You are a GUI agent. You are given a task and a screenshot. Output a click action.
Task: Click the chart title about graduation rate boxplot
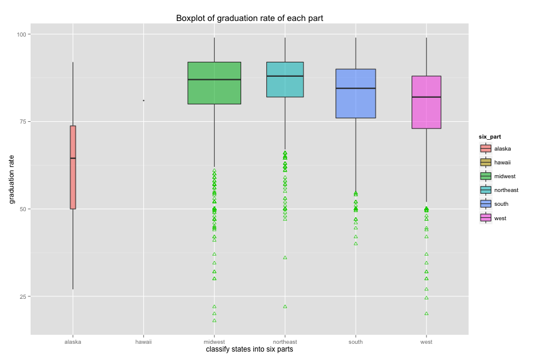coord(250,18)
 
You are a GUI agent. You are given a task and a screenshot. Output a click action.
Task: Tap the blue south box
coord(356,93)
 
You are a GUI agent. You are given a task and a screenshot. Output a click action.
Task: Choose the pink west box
coord(427,102)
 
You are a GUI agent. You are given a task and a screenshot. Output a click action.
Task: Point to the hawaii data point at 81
coord(143,100)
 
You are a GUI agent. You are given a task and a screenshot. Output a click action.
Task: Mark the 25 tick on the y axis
coord(22,296)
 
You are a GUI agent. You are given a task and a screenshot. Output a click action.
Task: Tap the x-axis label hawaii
coord(143,342)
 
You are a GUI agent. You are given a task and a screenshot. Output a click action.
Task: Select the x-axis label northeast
coord(285,342)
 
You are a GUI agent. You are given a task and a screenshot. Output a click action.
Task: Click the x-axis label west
coord(427,342)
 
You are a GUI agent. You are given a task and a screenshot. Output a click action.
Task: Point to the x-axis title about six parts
coord(250,349)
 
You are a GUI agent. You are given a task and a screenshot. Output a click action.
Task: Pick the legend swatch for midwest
coord(485,176)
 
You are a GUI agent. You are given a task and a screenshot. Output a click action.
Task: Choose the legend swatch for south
coord(485,204)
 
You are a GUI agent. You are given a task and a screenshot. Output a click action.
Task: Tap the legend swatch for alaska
coord(485,148)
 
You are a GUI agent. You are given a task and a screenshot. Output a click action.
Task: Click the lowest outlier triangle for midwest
coord(214,320)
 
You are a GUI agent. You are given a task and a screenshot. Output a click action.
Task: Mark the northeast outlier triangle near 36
coord(285,257)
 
